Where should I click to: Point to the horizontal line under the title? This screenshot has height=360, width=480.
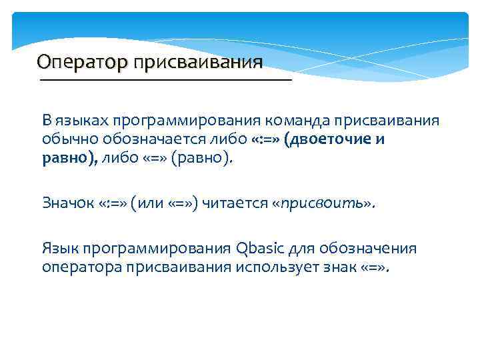(x=166, y=80)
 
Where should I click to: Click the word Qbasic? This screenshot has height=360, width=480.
(x=258, y=249)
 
